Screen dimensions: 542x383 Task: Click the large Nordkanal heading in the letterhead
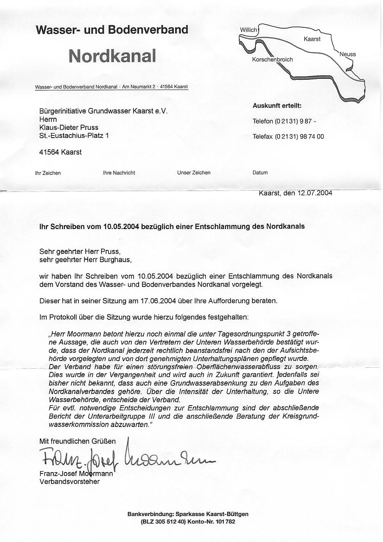[x=112, y=56]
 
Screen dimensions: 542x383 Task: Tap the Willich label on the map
[x=248, y=30]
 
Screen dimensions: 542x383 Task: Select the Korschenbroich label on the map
[x=272, y=60]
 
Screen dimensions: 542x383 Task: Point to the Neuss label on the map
[x=348, y=54]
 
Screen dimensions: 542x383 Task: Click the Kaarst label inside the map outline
[x=312, y=39]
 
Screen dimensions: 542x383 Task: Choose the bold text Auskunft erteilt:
[x=277, y=106]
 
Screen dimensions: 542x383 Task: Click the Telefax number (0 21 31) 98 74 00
[x=300, y=137]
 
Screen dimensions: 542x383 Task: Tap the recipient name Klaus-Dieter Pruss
[x=69, y=128]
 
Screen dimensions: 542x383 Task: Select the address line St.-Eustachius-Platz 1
[x=74, y=136]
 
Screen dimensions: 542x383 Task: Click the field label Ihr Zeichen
[x=48, y=173]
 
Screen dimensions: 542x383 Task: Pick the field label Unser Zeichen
[x=194, y=173]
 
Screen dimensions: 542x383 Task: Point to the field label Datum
[x=260, y=173]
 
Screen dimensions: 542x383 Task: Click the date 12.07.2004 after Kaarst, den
[x=314, y=193]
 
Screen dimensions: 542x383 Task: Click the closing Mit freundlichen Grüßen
[x=77, y=441]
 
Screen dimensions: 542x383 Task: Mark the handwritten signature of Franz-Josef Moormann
[x=125, y=459]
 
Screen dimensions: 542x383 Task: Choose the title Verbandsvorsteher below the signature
[x=70, y=482]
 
